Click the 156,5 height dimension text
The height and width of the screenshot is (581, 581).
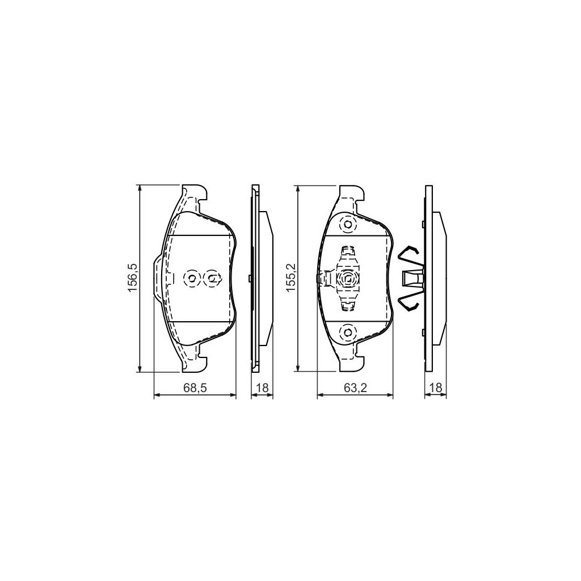[x=132, y=278]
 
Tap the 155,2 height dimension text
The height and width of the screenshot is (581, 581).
[x=290, y=278]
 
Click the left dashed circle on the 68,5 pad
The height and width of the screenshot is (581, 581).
[x=192, y=278]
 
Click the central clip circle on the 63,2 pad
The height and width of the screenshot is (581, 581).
[x=347, y=279]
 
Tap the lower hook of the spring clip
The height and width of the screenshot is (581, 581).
[x=409, y=303]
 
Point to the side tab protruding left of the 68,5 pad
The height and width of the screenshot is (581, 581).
[x=159, y=278]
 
